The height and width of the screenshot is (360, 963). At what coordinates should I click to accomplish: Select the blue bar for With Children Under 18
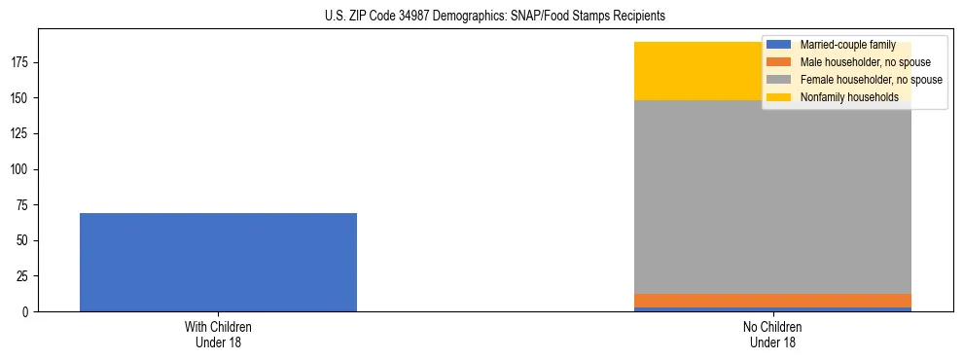(x=218, y=262)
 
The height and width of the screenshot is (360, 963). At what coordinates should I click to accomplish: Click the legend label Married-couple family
(x=841, y=45)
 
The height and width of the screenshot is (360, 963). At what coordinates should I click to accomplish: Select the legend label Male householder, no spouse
(x=851, y=62)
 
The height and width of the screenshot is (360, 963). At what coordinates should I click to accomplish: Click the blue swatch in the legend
(x=779, y=45)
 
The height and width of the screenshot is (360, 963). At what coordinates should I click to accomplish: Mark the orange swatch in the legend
(x=779, y=62)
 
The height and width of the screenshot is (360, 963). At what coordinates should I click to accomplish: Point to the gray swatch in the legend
(x=779, y=80)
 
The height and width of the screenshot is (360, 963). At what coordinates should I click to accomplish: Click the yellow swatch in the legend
(x=779, y=97)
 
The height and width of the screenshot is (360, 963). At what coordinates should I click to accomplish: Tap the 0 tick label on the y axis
(x=28, y=312)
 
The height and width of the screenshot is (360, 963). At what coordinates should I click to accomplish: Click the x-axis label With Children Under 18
(x=218, y=334)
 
